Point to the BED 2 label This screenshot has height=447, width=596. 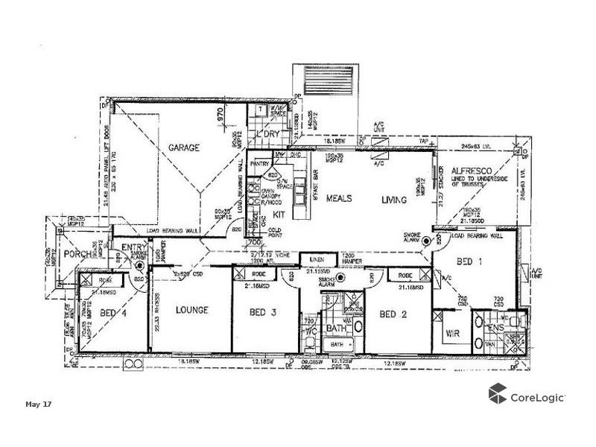[x=393, y=314]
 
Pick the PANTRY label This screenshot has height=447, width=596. [x=259, y=162]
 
